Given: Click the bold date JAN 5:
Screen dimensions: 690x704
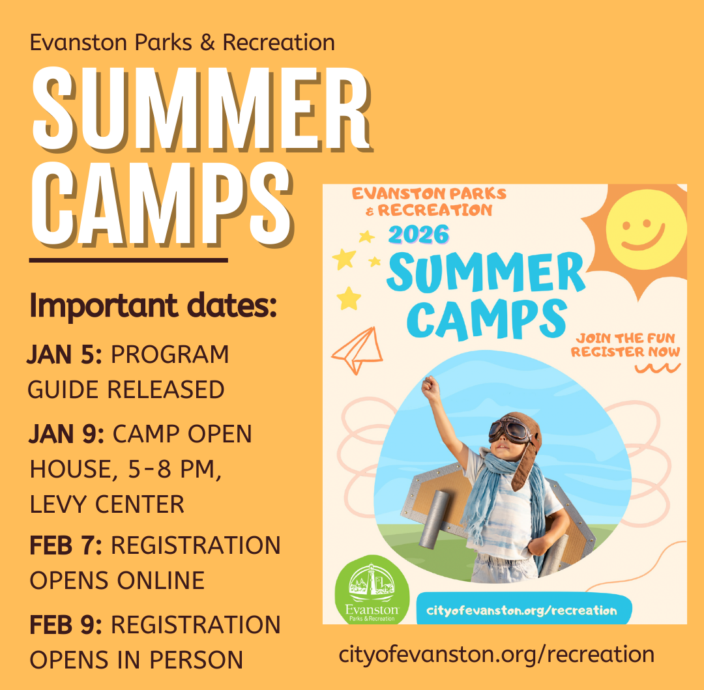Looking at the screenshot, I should pyautogui.click(x=65, y=355).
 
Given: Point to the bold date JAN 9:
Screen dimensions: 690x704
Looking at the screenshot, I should pyautogui.click(x=66, y=434).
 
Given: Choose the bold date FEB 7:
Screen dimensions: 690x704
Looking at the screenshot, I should pyautogui.click(x=66, y=545).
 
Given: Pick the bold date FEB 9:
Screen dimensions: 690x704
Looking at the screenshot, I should pyautogui.click(x=66, y=625).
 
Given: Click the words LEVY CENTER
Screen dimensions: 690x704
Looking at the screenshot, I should pyautogui.click(x=107, y=504).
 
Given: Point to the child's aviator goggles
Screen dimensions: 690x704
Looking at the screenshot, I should pyautogui.click(x=512, y=429).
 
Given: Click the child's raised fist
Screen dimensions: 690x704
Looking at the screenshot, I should pyautogui.click(x=430, y=388).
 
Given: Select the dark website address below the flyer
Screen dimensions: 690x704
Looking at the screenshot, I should pyautogui.click(x=496, y=654).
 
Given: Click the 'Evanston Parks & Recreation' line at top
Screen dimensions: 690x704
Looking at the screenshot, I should pyautogui.click(x=182, y=43).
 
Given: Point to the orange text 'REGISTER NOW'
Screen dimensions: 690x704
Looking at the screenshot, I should pyautogui.click(x=625, y=352).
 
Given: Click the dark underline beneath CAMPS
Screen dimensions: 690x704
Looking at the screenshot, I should pyautogui.click(x=128, y=260).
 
